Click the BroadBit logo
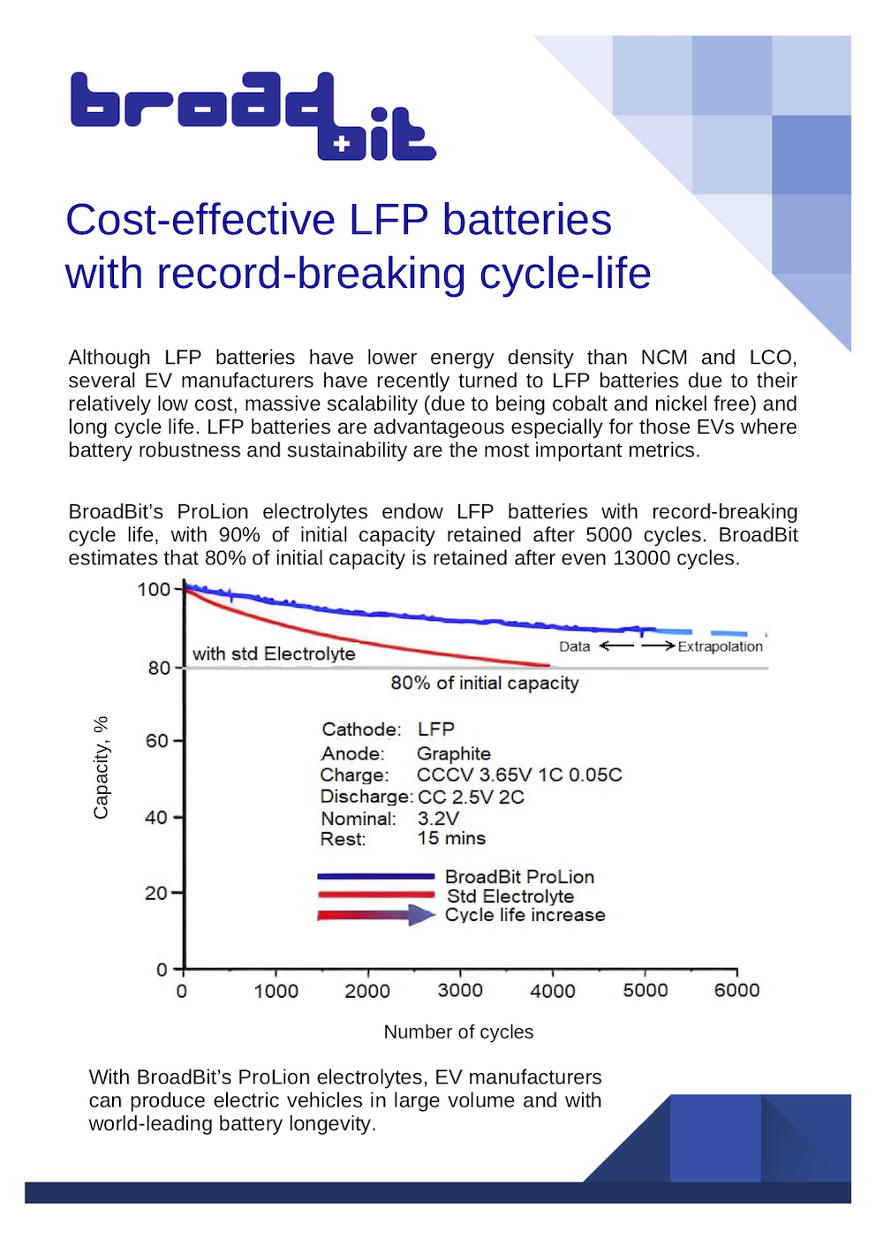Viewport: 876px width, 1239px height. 253,116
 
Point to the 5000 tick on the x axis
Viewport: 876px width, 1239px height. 646,991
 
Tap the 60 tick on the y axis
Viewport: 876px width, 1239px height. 156,741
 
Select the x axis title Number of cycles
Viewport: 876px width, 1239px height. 458,1032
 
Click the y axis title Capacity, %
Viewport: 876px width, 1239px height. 101,767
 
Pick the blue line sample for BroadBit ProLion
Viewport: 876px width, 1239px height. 375,876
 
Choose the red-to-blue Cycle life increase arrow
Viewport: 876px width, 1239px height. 376,915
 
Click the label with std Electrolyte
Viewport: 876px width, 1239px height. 274,653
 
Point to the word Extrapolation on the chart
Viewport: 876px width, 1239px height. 720,646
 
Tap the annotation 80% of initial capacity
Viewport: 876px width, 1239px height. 485,683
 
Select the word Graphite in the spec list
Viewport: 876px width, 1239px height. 454,753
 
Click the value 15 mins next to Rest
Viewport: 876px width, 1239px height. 451,838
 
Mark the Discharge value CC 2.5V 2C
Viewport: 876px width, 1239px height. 471,797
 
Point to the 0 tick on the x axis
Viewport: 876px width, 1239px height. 182,991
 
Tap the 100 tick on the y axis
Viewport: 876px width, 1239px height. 154,589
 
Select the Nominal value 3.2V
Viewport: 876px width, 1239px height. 438,818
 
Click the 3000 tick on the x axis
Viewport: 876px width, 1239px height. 460,991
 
